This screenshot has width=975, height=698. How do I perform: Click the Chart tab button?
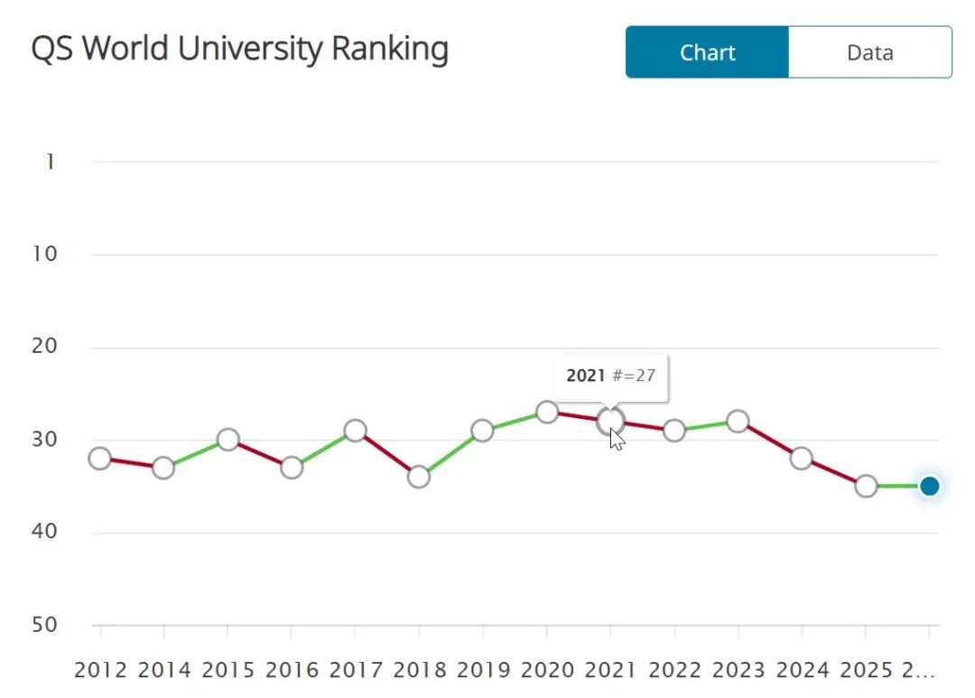707,52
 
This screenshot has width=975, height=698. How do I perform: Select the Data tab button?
869,52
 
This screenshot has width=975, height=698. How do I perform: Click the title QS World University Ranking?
239,49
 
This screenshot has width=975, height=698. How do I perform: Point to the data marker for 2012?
99,458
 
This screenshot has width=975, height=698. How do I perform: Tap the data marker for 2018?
418,477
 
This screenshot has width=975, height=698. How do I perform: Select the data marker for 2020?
546,412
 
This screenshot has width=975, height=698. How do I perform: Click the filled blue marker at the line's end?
929,486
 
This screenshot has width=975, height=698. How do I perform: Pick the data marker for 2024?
801,458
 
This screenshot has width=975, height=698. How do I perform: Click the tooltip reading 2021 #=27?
610,376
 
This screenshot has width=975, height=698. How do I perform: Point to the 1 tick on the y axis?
51,162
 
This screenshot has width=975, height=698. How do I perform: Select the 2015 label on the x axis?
228,670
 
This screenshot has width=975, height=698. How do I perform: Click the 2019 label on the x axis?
484,670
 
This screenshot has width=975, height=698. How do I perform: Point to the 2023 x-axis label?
738,670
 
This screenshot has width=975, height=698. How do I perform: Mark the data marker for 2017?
355,430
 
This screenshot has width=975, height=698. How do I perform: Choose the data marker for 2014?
163,467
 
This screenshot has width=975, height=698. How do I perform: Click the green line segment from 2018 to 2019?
450,453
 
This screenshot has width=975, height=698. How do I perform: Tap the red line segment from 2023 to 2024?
769,440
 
